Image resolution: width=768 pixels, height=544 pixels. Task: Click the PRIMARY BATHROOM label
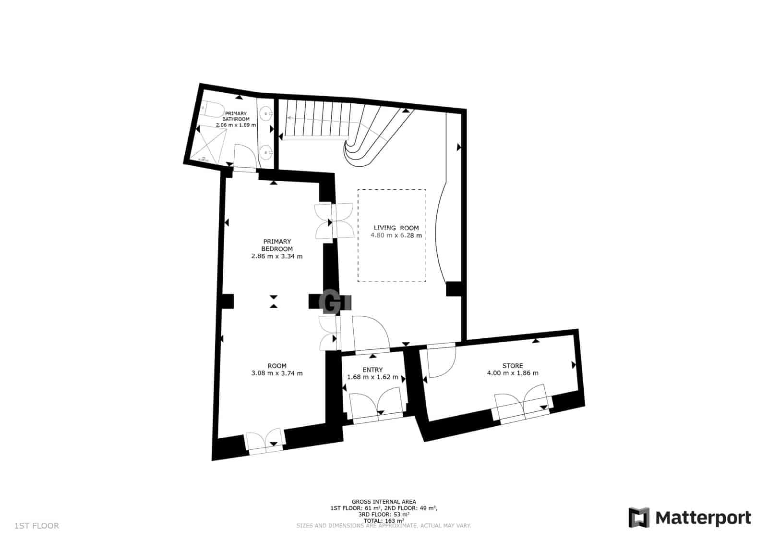click(236, 116)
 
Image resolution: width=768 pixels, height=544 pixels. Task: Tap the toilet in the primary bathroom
click(211, 110)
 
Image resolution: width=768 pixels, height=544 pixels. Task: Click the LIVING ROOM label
click(396, 228)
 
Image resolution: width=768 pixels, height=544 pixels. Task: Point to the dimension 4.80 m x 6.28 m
click(396, 235)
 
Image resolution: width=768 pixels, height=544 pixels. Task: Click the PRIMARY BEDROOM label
click(277, 245)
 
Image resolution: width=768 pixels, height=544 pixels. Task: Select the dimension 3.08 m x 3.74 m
click(277, 373)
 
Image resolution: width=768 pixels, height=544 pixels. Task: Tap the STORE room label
click(513, 365)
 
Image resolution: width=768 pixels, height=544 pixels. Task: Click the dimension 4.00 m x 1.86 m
click(513, 373)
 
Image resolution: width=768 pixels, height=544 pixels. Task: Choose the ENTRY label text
click(372, 370)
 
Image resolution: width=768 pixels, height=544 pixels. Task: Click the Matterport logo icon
click(639, 518)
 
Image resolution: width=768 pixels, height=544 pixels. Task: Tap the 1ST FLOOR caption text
click(37, 526)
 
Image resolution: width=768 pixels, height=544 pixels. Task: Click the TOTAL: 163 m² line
click(384, 520)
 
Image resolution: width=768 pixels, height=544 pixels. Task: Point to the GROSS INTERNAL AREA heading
click(384, 501)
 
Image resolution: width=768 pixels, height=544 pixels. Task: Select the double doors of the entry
click(375, 406)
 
